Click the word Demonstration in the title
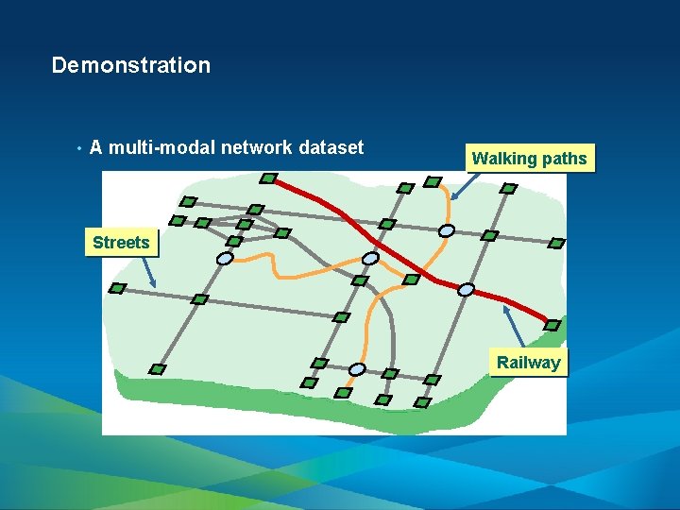pos(130,65)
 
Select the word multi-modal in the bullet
pos(161,147)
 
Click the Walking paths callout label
pos(529,159)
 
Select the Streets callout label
pos(121,243)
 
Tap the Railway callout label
pos(528,363)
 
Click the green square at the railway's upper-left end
pos(268,178)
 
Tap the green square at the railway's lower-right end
pos(553,325)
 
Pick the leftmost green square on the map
pos(117,288)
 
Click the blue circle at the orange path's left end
pos(225,258)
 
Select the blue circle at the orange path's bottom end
pos(357,368)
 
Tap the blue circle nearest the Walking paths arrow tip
pos(446,229)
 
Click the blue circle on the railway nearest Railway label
pos(466,290)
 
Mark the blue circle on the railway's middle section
pos(371,257)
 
